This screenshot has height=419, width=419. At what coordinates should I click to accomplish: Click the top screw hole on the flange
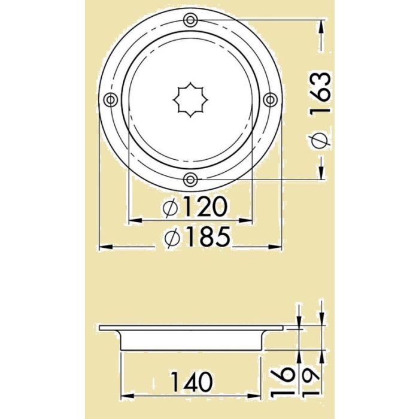pos(190,20)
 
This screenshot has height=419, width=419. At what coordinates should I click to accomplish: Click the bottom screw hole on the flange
pos(190,178)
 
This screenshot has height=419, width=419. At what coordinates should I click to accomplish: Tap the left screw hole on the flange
pos(110,100)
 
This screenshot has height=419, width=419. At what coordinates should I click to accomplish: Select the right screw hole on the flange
pos(269,99)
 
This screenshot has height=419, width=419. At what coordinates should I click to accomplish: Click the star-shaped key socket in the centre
pos(190,100)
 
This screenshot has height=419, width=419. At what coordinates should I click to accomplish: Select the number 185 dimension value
pos(206,238)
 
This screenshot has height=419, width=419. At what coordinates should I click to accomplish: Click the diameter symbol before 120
pos(171,208)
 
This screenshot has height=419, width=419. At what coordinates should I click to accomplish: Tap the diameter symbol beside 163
pos(320,139)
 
